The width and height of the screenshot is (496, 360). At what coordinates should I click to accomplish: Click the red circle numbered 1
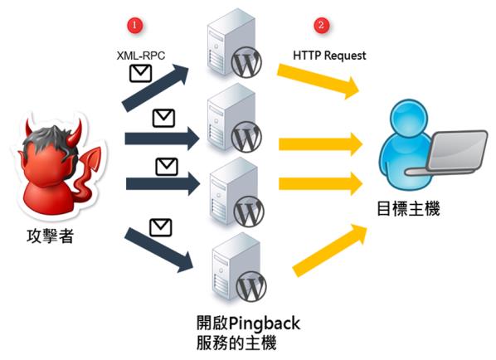click(x=134, y=25)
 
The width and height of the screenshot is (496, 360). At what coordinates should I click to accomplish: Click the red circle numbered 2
click(x=321, y=25)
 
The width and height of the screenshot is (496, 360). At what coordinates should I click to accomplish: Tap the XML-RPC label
click(x=141, y=56)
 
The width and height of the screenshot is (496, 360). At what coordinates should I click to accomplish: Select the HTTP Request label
click(x=329, y=56)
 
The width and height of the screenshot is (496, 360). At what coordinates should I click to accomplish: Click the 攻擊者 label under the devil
click(x=50, y=236)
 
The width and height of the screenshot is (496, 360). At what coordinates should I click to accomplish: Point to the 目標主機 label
click(x=408, y=209)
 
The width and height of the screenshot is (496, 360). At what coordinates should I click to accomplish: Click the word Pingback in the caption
click(x=264, y=324)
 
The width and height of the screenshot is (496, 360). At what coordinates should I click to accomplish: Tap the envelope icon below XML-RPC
click(x=140, y=74)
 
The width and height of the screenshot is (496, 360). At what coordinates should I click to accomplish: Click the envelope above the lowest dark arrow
click(x=160, y=227)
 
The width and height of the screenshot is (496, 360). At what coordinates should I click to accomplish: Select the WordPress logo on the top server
click(x=246, y=62)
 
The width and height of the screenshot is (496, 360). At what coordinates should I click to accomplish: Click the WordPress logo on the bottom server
click(x=251, y=286)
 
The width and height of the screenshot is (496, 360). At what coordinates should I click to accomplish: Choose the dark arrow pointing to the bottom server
click(x=158, y=250)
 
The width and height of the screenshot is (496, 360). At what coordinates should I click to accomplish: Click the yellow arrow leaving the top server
click(x=319, y=80)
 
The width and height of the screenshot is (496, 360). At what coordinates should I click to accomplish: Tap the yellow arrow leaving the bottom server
click(x=329, y=250)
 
